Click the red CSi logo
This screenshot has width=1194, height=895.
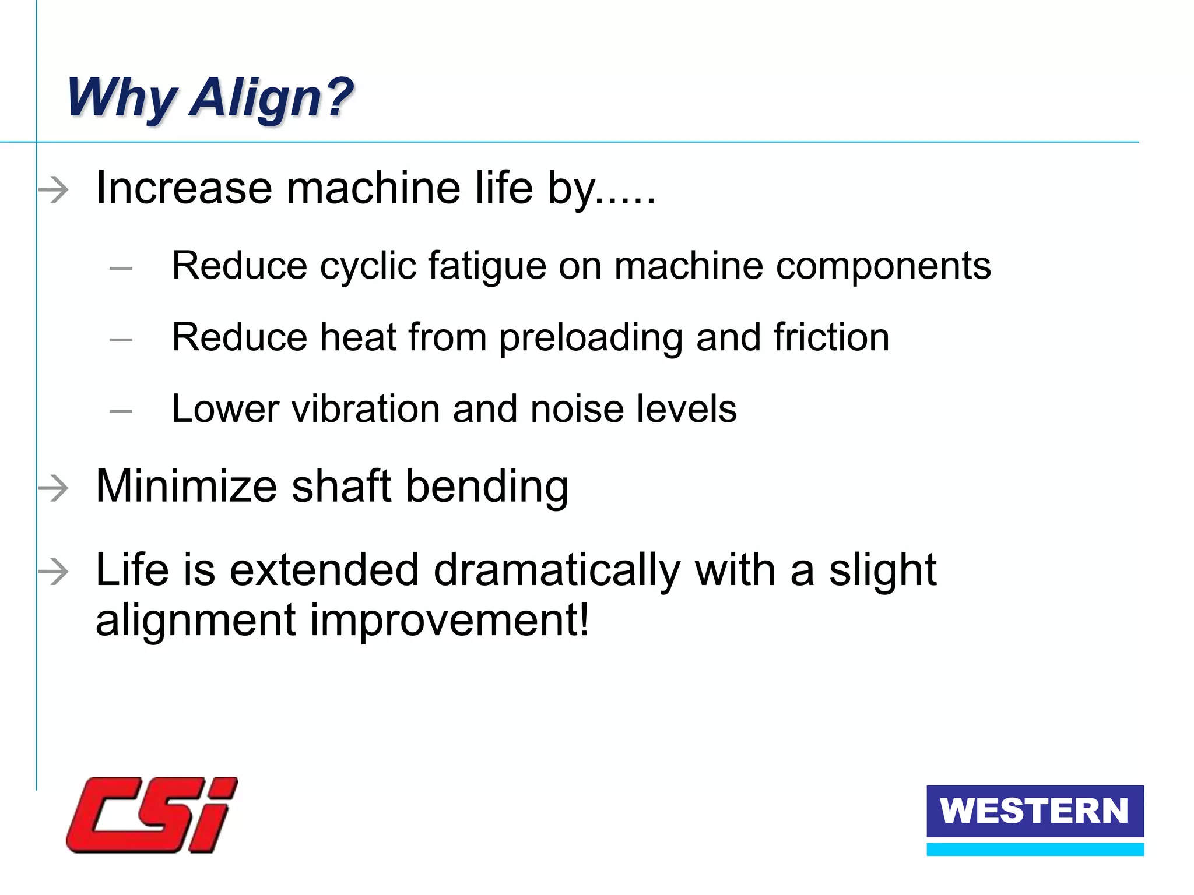click(152, 815)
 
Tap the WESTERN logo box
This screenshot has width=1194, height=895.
click(1035, 811)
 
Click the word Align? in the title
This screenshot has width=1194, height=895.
click(272, 98)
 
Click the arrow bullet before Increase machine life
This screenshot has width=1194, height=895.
click(54, 190)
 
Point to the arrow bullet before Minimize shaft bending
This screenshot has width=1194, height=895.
click(54, 488)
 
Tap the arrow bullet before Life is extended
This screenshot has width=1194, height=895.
click(54, 571)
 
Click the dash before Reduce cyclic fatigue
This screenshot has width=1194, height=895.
click(121, 268)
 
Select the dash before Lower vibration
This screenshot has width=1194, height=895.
click(121, 411)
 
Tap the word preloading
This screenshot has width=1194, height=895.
click(591, 339)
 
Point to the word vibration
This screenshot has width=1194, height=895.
click(365, 409)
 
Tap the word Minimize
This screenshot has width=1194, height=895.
click(186, 487)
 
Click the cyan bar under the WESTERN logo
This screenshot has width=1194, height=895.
click(1035, 849)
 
